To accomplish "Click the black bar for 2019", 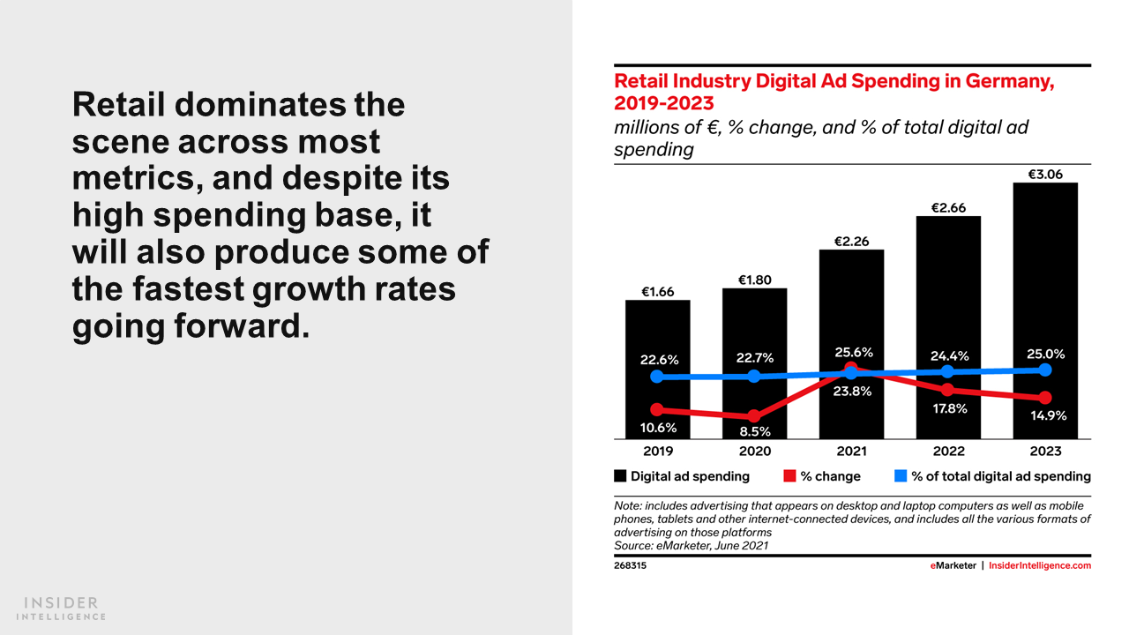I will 658,335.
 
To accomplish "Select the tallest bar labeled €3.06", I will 1045,265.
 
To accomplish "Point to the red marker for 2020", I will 754,416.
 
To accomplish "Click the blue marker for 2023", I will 1045,370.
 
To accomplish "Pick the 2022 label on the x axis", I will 948,451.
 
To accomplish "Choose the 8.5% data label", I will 754,431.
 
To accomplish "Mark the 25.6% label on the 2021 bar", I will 854,353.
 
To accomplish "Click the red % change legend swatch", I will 789,476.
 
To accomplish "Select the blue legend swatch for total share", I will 901,476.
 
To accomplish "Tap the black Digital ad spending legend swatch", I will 620,476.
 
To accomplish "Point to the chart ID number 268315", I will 630,565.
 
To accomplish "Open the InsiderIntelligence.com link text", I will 1040,565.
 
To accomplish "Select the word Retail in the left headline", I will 119,105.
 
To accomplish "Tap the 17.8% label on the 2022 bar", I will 949,408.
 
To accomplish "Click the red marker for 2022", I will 948,390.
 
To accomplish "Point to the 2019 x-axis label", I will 658,451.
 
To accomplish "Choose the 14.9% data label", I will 1048,415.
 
